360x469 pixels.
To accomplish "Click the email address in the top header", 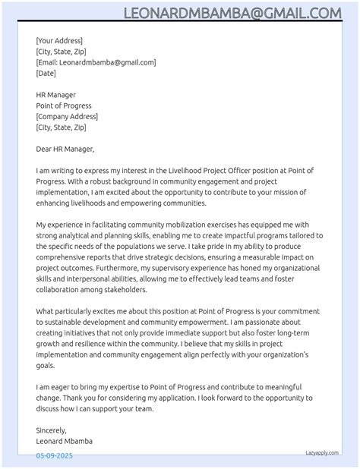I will [x=232, y=13].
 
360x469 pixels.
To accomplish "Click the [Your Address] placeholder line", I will [x=59, y=41].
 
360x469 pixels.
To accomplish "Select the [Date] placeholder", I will [x=46, y=74].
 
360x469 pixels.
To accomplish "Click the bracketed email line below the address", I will [x=96, y=63].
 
